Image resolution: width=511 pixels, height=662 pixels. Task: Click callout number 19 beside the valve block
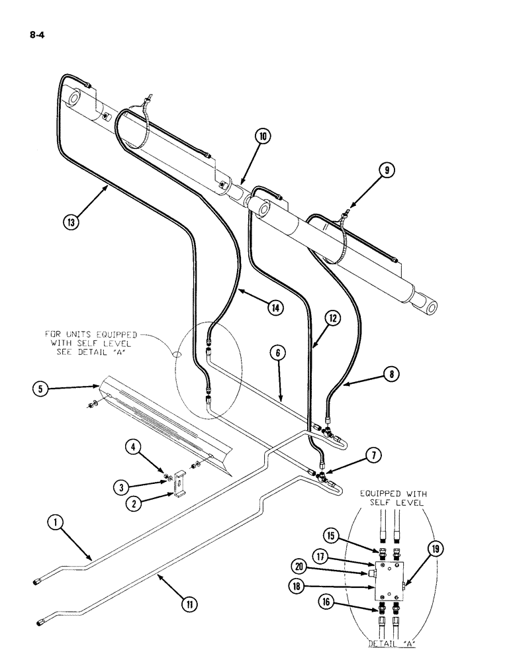tap(435, 548)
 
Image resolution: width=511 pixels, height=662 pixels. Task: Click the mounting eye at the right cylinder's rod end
tap(432, 307)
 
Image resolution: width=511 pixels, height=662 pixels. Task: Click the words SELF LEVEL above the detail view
tap(396, 503)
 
